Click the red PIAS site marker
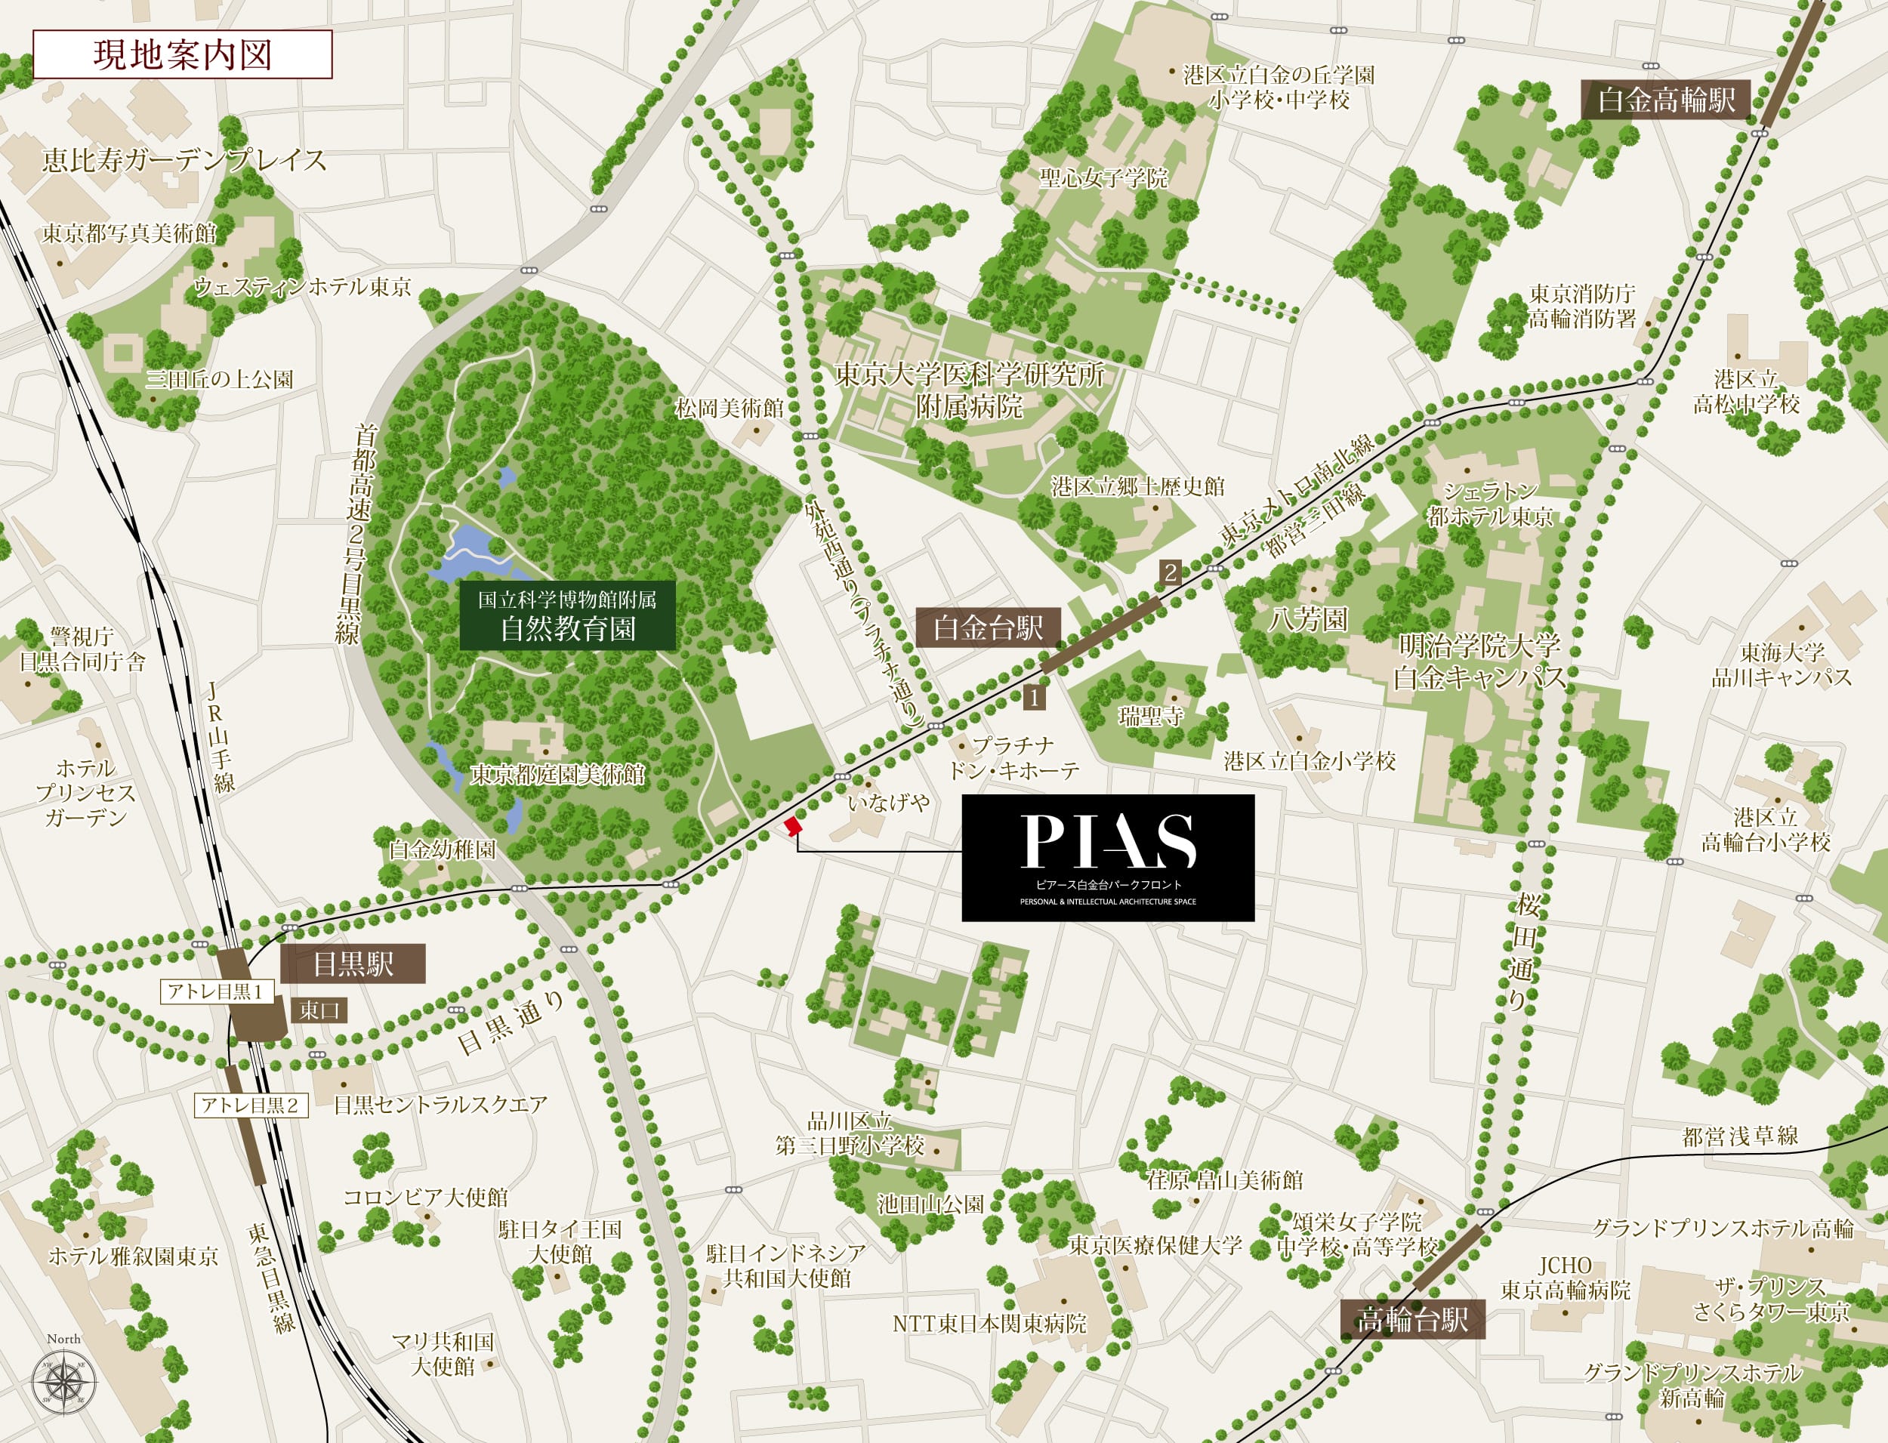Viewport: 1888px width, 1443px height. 793,825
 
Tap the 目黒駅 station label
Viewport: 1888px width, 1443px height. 353,964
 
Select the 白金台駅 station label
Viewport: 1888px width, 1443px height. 988,628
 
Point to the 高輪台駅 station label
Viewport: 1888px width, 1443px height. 1412,1319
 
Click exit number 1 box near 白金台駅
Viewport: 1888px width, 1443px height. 1034,698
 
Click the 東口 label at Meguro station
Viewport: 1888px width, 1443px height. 319,1010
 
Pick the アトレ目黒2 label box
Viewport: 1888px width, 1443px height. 250,1105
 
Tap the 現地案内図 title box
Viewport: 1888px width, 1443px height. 182,55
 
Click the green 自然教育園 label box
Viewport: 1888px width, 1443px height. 567,615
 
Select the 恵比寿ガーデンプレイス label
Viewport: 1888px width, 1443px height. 184,160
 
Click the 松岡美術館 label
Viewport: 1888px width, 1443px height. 729,409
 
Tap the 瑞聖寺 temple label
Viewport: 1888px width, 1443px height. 1150,716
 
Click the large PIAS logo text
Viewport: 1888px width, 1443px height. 1108,843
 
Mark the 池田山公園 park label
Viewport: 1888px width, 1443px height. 930,1204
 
